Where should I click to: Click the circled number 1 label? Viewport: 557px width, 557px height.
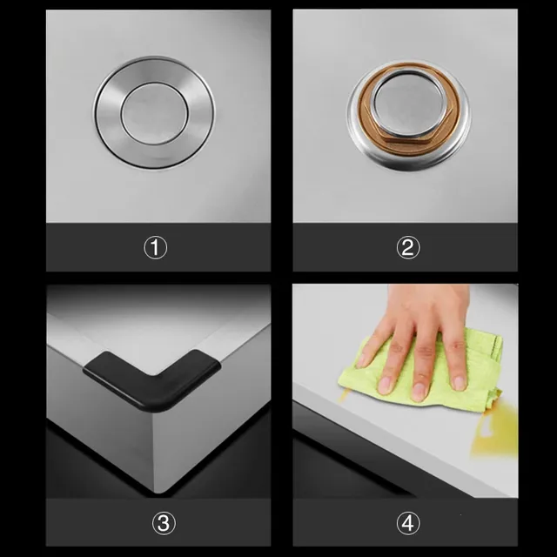pyautogui.click(x=155, y=247)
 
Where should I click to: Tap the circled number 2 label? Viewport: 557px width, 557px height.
pyautogui.click(x=408, y=247)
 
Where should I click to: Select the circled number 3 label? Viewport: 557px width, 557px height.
pyautogui.click(x=164, y=523)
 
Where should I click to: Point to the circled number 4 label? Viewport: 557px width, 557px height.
pyautogui.click(x=408, y=523)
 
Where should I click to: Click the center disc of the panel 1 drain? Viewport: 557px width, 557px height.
pyautogui.click(x=155, y=113)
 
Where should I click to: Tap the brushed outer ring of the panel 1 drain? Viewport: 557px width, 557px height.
pyautogui.click(x=106, y=114)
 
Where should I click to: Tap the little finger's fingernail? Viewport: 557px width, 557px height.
pyautogui.click(x=460, y=383)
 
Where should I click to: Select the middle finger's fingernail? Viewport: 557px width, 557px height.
pyautogui.click(x=419, y=391)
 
